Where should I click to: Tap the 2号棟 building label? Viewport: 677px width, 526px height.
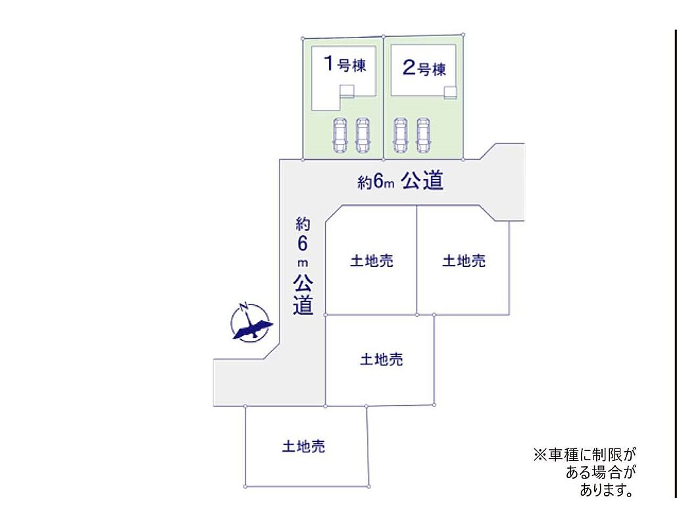(424, 68)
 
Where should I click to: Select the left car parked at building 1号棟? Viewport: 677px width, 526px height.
(340, 135)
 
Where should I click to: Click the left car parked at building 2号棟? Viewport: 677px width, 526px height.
(400, 135)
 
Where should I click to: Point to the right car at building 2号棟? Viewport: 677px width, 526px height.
(422, 135)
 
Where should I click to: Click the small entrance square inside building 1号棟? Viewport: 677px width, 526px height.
(347, 91)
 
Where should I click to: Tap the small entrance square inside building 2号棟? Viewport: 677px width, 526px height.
(450, 92)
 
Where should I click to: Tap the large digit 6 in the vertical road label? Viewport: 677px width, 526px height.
(303, 243)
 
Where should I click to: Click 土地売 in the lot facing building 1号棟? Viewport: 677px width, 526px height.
(372, 261)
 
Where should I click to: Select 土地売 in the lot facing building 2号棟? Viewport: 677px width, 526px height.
(464, 261)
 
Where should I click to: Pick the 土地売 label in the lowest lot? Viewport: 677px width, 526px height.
(303, 447)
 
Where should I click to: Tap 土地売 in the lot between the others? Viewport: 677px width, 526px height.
(382, 360)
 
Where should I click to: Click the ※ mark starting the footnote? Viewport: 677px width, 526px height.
(540, 454)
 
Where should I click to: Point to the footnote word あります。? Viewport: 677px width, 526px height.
(607, 490)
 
